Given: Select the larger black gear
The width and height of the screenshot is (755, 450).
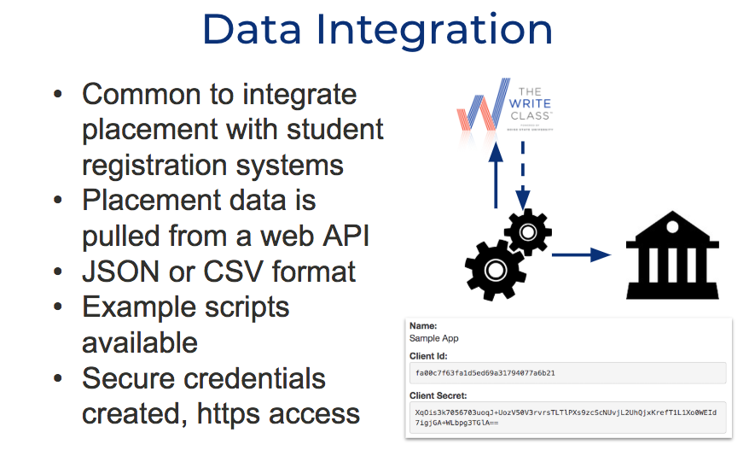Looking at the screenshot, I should point(496,268).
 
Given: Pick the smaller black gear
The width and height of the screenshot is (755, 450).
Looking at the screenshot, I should point(528,231).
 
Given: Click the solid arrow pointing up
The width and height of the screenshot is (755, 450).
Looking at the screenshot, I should point(496,178).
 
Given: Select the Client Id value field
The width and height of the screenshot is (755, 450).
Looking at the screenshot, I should point(566,373).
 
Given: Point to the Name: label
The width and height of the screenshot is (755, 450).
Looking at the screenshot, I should point(424,326).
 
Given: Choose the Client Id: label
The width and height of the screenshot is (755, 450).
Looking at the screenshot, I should point(429,355).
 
